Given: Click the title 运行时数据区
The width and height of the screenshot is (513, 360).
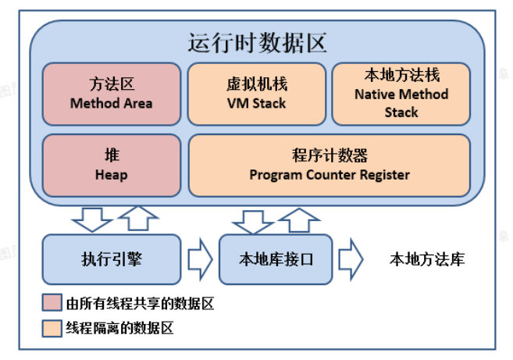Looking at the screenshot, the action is tap(257, 43).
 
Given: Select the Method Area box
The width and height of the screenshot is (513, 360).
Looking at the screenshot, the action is tap(112, 94).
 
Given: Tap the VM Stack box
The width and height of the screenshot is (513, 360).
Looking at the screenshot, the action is tap(257, 94).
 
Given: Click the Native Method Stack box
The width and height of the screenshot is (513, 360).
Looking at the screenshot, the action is tap(401, 94).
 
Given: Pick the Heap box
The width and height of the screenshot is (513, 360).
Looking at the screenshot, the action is tap(112, 166).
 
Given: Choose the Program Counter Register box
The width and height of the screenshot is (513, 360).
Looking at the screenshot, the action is tap(330, 166).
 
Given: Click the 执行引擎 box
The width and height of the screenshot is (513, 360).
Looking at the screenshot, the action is tap(112, 259).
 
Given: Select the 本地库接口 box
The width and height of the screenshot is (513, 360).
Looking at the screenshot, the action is tap(276, 259).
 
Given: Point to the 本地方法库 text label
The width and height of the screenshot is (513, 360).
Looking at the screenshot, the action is tap(427, 259).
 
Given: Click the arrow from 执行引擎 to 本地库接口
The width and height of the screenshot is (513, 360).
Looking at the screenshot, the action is tap(200, 259).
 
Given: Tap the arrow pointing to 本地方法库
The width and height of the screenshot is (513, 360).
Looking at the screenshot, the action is tap(351, 259).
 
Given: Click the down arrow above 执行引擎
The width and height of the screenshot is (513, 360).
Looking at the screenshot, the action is tap(92, 219).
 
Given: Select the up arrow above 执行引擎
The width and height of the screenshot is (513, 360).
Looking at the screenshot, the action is tap(138, 218).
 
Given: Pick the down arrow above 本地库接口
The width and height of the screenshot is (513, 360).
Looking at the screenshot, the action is tap(253, 222).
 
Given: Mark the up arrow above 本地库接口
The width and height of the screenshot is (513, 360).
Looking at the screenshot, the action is tap(299, 220).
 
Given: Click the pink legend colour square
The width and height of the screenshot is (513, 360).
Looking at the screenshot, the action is tap(52, 302).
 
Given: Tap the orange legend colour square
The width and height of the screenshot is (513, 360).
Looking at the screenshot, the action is tap(52, 328).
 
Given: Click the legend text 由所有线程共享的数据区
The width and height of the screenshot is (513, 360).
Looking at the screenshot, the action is tap(140, 303).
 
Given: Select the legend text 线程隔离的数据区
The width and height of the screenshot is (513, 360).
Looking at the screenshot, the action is tap(119, 328).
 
